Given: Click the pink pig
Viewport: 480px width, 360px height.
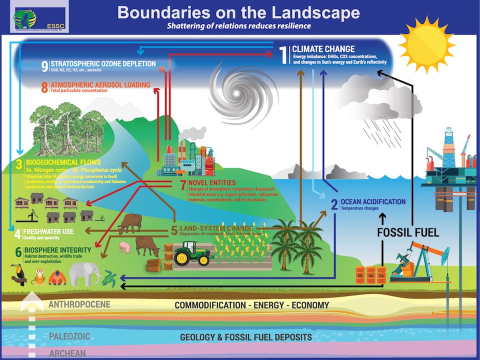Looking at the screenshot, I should (x=125, y=247).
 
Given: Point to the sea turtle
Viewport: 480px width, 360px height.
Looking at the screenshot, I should (x=109, y=278).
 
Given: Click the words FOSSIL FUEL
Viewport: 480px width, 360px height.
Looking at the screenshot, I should (x=408, y=232).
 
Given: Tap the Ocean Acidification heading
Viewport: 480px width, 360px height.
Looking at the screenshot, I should (x=372, y=201).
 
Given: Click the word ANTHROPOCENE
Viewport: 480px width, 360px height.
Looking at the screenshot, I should (x=79, y=304).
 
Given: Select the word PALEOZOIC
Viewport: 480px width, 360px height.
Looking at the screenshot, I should (x=69, y=336).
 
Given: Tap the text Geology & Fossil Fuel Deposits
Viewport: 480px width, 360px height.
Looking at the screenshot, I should (x=245, y=337).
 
